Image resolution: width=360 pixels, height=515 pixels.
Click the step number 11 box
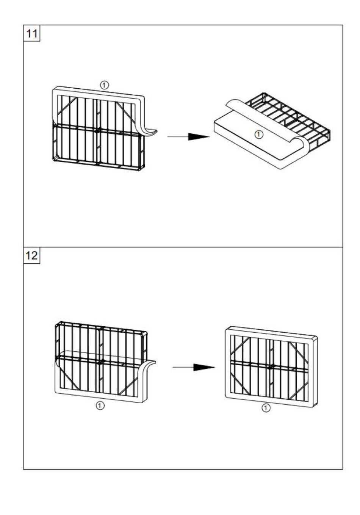point(32,33)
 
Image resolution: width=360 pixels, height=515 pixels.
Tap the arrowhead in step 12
point(204,368)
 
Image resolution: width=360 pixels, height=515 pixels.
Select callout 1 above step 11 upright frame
point(104,85)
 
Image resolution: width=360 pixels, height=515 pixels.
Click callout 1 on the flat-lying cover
point(259,134)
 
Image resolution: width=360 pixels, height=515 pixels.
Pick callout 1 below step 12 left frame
point(100,405)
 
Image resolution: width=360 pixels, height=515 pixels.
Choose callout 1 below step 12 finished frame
point(266,408)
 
